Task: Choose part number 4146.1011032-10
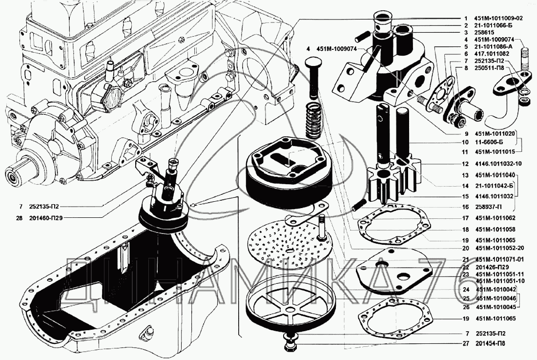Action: pos(498,164)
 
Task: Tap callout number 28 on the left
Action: pos(20,218)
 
